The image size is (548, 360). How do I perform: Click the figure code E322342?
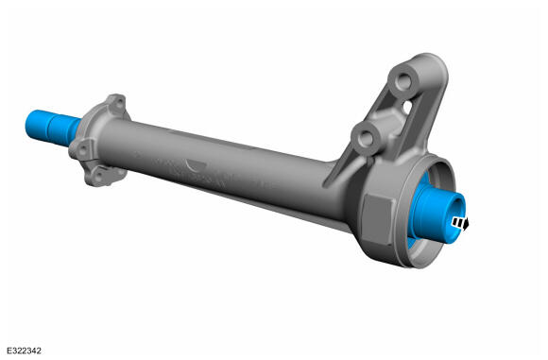click(x=25, y=351)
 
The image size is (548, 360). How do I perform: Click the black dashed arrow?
click(x=460, y=223)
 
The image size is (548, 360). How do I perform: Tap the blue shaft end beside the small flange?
click(x=52, y=128)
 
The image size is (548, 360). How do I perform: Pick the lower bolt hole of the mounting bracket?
click(x=366, y=138)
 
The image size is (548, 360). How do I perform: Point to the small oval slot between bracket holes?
click(x=407, y=107)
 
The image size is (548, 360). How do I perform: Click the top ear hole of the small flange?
click(x=120, y=103)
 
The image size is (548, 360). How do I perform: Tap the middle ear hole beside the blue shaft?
click(x=83, y=150)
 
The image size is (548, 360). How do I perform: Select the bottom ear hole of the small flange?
click(x=99, y=175)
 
